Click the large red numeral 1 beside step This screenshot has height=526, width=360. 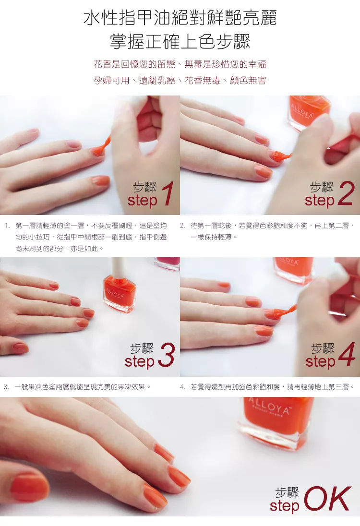[x=168, y=193]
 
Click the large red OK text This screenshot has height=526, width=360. [x=328, y=499]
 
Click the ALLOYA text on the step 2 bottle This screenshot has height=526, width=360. [x=302, y=111]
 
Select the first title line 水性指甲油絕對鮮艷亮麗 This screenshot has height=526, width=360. [x=180, y=18]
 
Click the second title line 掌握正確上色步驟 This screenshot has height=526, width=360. [x=180, y=42]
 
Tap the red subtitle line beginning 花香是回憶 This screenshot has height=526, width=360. [x=180, y=64]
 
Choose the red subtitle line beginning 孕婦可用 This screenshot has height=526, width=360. [x=180, y=81]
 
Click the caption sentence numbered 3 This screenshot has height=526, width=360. [x=77, y=387]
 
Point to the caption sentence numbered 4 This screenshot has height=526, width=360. [x=267, y=387]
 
